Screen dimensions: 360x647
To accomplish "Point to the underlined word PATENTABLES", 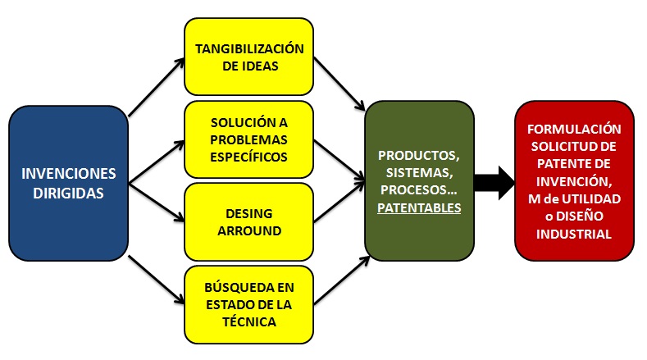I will [x=419, y=208].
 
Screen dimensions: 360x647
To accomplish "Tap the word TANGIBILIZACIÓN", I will [x=249, y=48].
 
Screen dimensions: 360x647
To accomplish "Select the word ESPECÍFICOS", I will [x=249, y=156].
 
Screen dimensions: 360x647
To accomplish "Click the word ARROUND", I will [x=249, y=230].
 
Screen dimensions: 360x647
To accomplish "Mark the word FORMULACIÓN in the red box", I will [x=574, y=129].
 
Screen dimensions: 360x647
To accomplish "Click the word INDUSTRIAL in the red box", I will [x=574, y=234].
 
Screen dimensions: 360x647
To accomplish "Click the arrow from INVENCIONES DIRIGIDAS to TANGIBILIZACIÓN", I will [x=156, y=87].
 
